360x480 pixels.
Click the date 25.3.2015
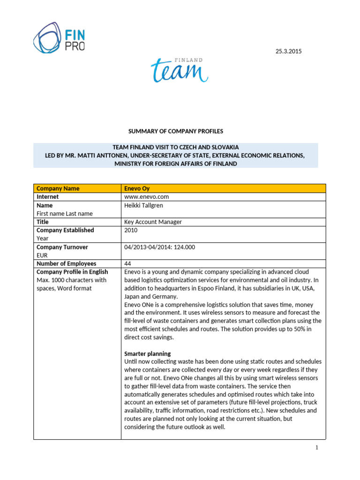(x=288, y=51)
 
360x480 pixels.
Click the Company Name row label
(x=58, y=188)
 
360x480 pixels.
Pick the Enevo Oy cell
(x=136, y=188)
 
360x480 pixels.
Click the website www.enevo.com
(x=146, y=197)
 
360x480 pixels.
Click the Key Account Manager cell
(x=153, y=222)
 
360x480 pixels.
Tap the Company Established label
(x=65, y=230)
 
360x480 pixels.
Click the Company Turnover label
(x=62, y=247)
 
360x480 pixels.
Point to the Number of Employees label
(x=66, y=263)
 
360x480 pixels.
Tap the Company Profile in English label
(x=72, y=272)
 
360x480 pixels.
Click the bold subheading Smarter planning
(x=147, y=353)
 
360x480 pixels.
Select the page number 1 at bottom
(x=316, y=448)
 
